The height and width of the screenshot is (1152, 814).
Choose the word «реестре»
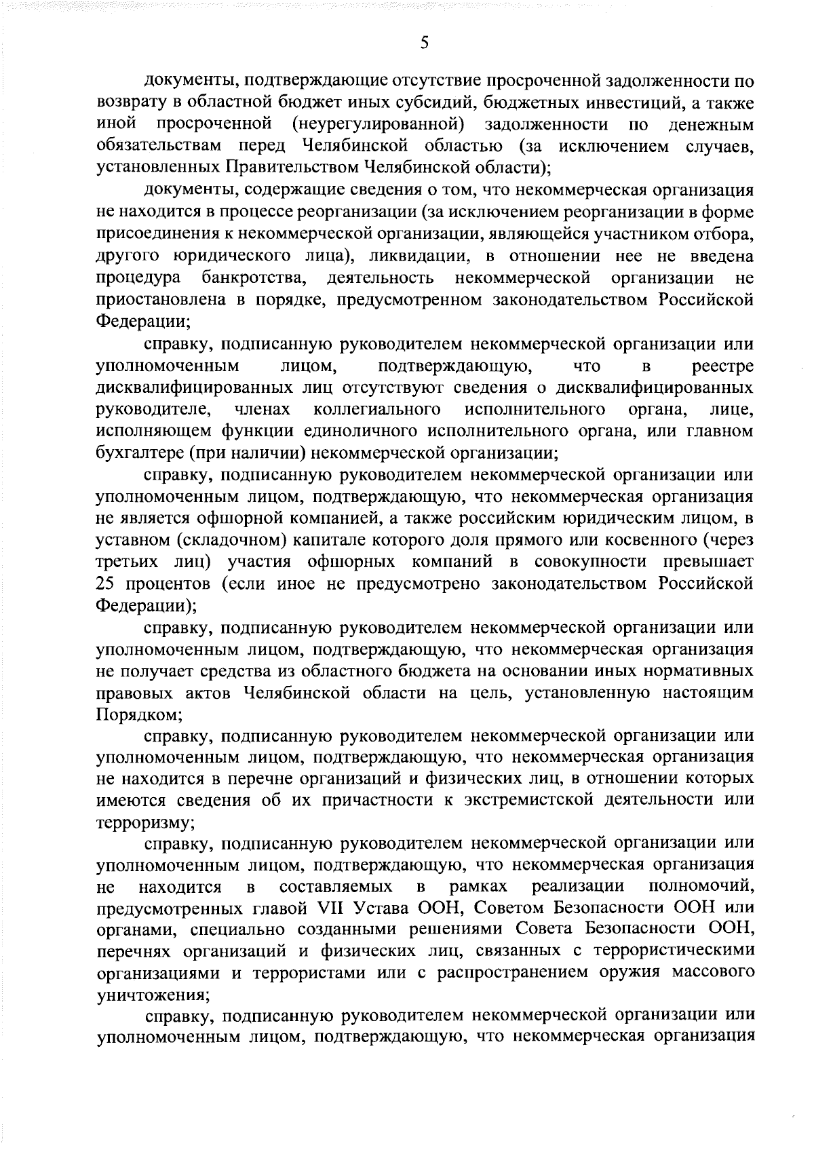(723, 367)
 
